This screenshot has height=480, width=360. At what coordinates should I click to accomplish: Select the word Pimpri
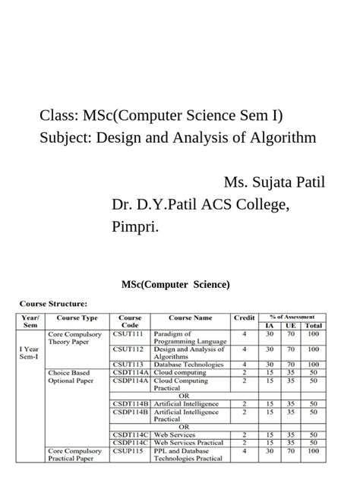pos(135,227)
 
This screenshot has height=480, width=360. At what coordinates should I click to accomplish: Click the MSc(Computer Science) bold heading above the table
pos(175,285)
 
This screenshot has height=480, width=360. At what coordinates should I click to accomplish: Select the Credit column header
pos(244,318)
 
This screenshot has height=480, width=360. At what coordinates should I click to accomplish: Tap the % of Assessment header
pos(292,316)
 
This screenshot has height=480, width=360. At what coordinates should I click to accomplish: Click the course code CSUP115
pos(128,450)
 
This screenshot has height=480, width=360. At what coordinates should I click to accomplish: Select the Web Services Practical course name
pos(190,442)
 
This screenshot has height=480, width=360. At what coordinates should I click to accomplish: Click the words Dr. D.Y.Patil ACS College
pos(200,205)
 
